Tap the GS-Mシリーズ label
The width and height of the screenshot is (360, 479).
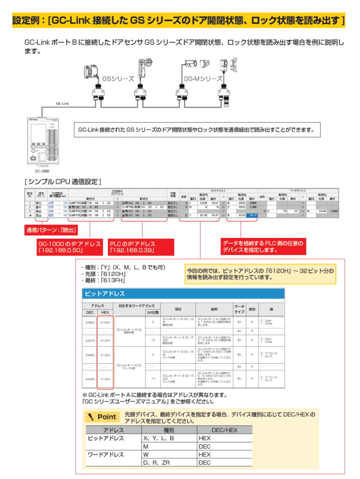coord(202,79)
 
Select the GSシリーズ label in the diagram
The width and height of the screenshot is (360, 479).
coord(118,79)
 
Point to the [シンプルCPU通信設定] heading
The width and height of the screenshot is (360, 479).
coord(62,181)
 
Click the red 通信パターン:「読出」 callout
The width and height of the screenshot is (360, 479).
coord(51,230)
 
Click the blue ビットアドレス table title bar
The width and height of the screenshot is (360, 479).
coord(183,294)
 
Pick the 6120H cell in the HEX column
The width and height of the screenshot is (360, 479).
coord(105,322)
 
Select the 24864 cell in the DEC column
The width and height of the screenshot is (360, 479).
coord(90,322)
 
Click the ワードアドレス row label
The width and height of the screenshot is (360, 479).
coord(106,454)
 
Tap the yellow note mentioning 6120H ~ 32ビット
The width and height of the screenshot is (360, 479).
coord(260,274)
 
